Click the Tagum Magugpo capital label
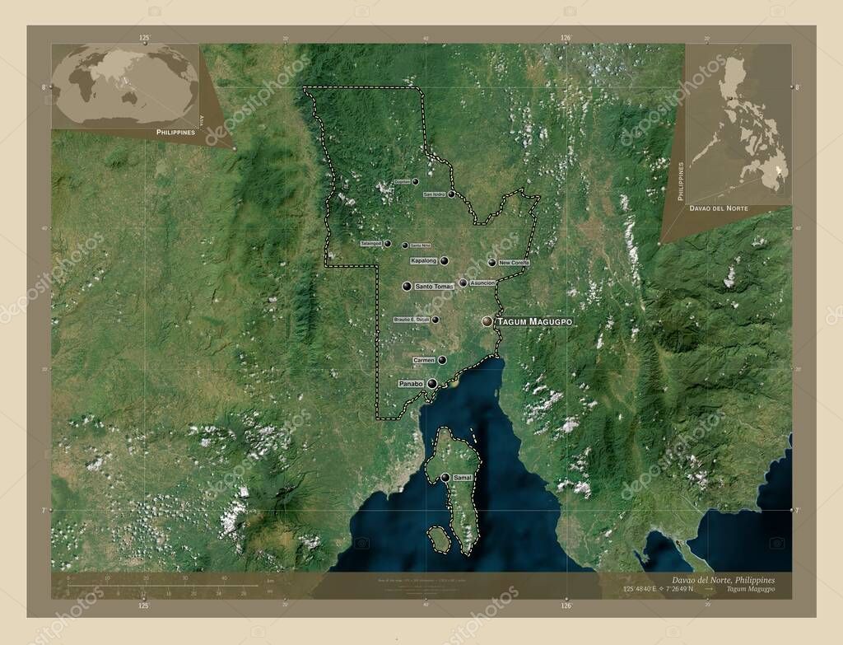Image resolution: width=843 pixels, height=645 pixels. [x=534, y=320]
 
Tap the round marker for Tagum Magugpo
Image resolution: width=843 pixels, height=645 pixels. [x=487, y=320]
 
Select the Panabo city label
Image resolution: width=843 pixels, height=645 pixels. [x=410, y=384]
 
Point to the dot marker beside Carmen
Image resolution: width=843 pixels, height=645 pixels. [x=443, y=360]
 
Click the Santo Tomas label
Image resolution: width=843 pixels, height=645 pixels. [x=434, y=286]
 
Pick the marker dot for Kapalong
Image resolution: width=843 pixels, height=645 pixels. [x=445, y=260]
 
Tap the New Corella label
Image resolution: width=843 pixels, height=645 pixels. [x=514, y=263]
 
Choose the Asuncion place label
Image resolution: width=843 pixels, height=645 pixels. [x=482, y=283]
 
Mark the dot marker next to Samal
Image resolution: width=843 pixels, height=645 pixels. [x=445, y=477]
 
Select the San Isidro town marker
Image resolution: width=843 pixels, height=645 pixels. [x=452, y=194]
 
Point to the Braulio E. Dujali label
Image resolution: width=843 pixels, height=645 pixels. [x=412, y=320]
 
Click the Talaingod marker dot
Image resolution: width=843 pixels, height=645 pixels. [x=388, y=244]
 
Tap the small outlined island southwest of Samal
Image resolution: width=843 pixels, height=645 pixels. [x=438, y=540]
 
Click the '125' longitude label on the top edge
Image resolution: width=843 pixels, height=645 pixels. [x=144, y=38]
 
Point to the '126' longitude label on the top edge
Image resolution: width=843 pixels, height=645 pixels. [x=566, y=38]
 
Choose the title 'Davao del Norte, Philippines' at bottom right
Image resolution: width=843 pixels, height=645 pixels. [x=723, y=580]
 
